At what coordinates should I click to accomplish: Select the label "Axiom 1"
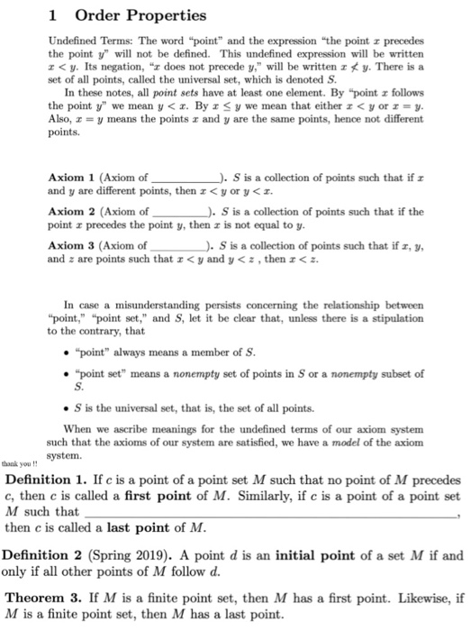click(68, 178)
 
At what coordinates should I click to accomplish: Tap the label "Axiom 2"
click(68, 209)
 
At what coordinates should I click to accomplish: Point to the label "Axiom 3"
click(68, 242)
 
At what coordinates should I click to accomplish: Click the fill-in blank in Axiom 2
click(180, 212)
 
